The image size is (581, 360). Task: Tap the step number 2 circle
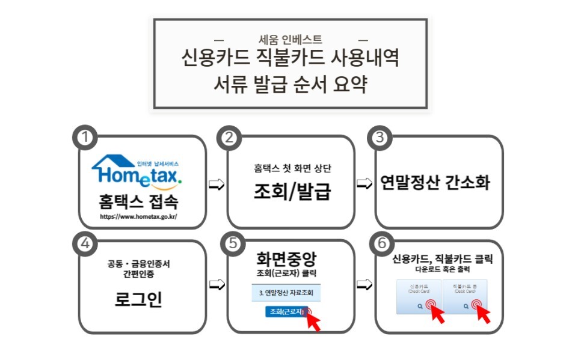click(x=229, y=137)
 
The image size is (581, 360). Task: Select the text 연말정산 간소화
click(x=435, y=183)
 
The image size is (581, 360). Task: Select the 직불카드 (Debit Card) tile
click(x=464, y=296)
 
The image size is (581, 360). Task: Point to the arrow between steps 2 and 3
click(x=364, y=183)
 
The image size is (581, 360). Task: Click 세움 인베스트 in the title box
click(x=290, y=40)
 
